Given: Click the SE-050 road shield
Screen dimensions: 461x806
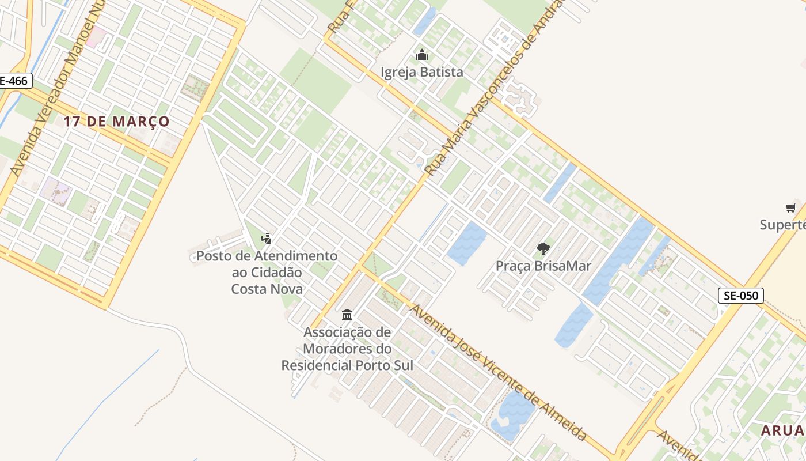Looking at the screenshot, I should pos(740,296).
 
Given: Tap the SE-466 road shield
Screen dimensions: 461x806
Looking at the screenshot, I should pos(13,81).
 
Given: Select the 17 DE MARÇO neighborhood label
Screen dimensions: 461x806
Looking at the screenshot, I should pos(116,122).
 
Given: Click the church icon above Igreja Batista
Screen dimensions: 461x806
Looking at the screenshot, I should pos(422,55).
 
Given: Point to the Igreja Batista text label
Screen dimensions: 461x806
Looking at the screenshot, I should pos(422,72).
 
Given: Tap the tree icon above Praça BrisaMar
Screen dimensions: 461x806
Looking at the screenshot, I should pos(543,249).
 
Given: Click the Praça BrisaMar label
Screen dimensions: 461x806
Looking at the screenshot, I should pos(543,266).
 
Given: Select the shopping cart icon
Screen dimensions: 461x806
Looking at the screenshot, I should pos(791,207).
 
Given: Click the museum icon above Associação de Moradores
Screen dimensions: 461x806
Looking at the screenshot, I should pos(347,315).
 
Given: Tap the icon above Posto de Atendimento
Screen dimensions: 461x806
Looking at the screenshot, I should pos(266,237).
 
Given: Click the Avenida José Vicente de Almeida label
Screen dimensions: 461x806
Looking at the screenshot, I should pos(498,373).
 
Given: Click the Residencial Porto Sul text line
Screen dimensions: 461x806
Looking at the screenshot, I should pos(347,365).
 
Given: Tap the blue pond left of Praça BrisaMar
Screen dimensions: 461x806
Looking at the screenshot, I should pos(466,243).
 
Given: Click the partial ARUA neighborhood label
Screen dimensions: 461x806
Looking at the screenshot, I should pos(782,430).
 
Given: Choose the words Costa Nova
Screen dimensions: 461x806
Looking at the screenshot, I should pos(267,288).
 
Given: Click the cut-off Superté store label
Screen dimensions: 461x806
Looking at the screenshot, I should pos(782,224).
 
